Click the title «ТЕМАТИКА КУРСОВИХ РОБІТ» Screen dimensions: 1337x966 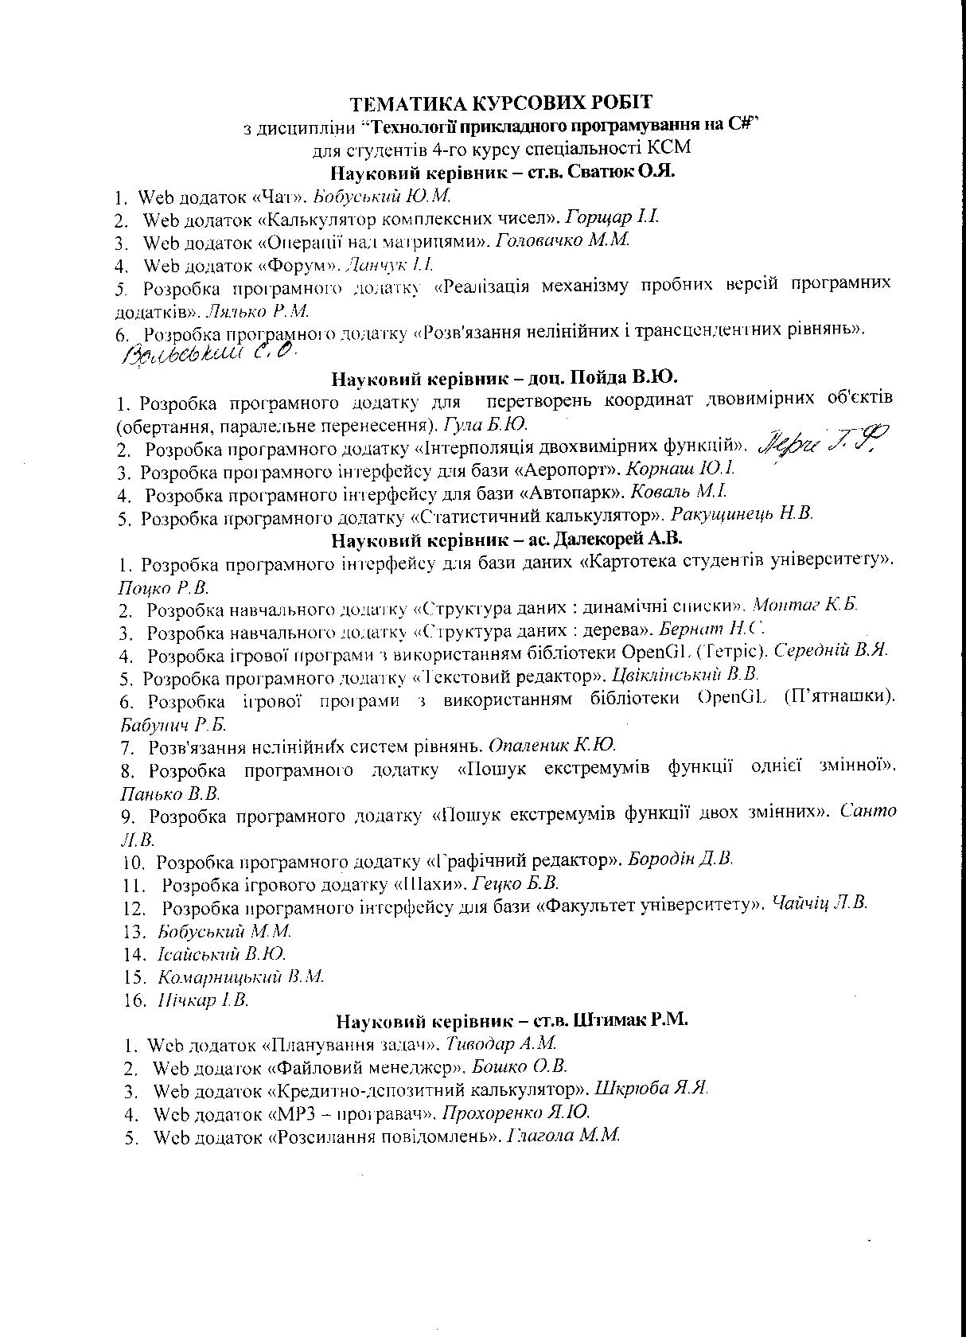(502, 103)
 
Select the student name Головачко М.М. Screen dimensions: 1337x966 (563, 240)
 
